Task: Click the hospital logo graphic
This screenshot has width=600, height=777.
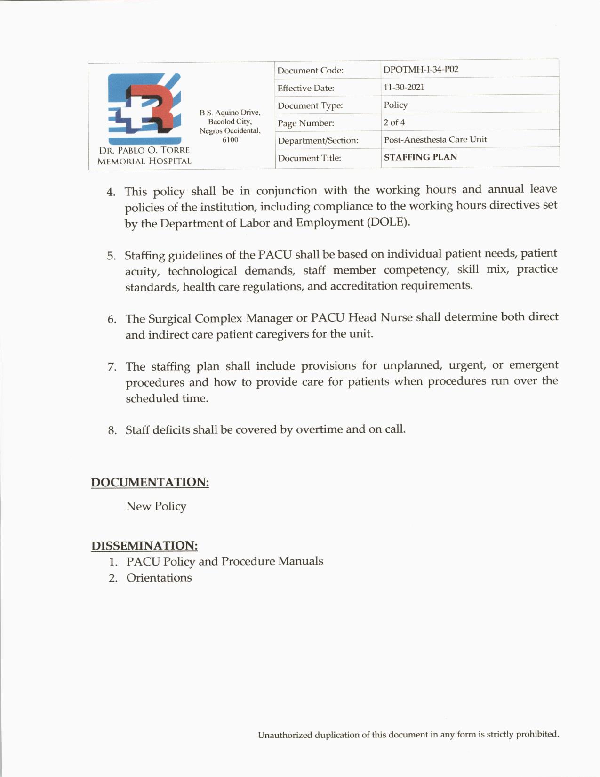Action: (x=144, y=108)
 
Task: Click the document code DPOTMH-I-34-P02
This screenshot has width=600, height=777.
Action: (x=421, y=69)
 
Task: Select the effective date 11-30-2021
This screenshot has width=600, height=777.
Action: (x=404, y=87)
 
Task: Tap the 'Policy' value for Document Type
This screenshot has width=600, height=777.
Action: (x=395, y=105)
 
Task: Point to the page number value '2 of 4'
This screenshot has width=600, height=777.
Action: (x=394, y=122)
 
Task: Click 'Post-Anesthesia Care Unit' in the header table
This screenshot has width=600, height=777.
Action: (x=435, y=139)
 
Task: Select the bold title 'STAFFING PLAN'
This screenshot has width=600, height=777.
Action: (x=420, y=157)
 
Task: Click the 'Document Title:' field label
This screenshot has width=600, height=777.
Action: (x=309, y=158)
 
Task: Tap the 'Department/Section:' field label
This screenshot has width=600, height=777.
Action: (x=318, y=140)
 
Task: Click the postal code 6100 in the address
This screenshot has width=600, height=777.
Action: (x=230, y=140)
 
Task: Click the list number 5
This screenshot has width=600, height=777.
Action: (x=112, y=256)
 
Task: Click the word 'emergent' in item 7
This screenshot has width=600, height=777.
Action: (x=534, y=365)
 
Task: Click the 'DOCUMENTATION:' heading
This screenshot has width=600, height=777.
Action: (x=150, y=482)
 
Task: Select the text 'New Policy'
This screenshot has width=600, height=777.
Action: (x=156, y=506)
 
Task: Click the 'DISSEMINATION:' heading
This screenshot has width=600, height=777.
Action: (x=144, y=546)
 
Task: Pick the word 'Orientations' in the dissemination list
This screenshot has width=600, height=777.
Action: (x=159, y=578)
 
